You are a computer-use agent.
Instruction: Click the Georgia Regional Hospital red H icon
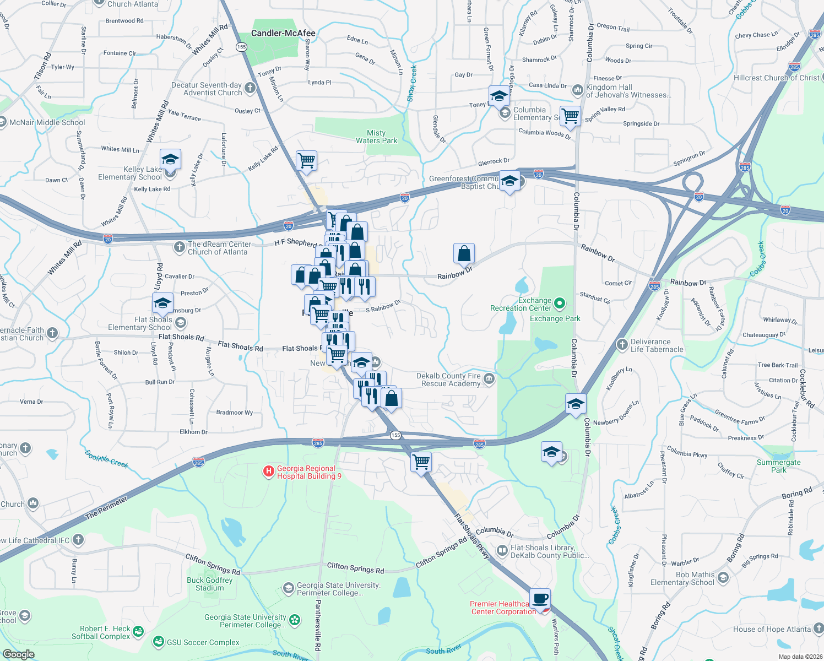click(269, 471)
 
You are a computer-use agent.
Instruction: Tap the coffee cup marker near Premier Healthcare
click(540, 599)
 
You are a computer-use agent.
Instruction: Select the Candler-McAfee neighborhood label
click(283, 33)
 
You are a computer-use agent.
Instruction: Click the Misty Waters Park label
click(376, 137)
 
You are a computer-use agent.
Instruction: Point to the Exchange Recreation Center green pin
click(560, 303)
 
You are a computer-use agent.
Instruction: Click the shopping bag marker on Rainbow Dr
click(464, 253)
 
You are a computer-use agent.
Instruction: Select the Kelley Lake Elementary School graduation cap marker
click(170, 160)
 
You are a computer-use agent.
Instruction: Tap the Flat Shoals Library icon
click(502, 550)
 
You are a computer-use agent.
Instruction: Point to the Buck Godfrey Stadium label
click(210, 584)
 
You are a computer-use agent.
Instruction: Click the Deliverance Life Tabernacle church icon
click(622, 345)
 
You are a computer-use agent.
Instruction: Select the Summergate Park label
click(778, 466)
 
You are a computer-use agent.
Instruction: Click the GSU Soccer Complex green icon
click(159, 641)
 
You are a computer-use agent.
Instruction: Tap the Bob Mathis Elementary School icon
click(723, 577)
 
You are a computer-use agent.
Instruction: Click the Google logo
click(18, 654)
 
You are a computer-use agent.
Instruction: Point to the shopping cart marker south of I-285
click(421, 462)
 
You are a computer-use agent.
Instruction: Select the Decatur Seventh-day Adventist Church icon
click(250, 88)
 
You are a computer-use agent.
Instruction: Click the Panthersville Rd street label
click(318, 626)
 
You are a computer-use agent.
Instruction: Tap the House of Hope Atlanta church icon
click(818, 628)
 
